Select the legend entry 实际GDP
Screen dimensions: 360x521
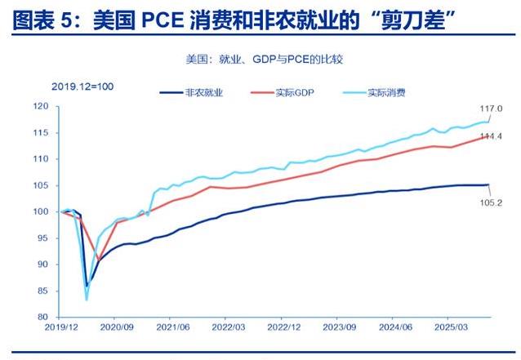coord(292,93)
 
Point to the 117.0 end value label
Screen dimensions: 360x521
coord(491,109)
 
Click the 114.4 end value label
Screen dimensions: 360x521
coord(491,136)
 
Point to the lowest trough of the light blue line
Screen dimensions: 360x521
coord(87,300)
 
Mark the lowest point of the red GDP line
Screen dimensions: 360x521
coord(99,260)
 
